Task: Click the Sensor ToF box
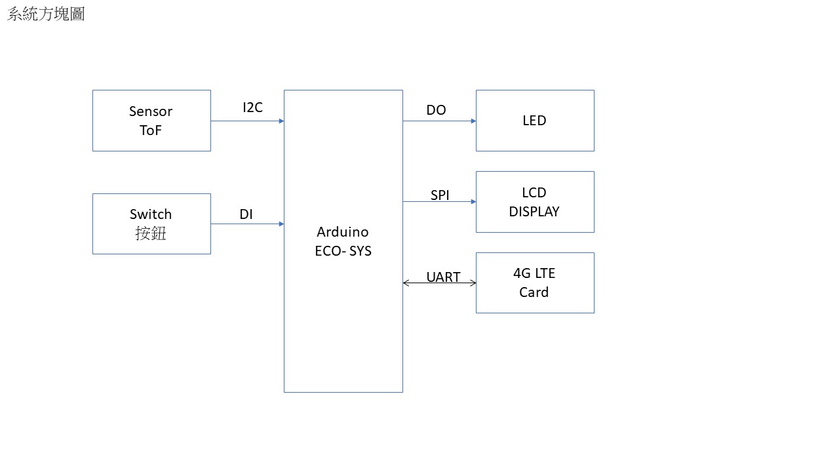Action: (x=151, y=121)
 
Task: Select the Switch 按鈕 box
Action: (x=151, y=224)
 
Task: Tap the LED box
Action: (x=535, y=121)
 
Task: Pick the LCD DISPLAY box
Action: (x=535, y=202)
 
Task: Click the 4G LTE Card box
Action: (x=535, y=283)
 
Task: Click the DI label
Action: (x=246, y=214)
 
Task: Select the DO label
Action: (x=436, y=110)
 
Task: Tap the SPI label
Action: (x=440, y=195)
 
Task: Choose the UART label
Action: (x=443, y=277)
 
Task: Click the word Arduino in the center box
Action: (x=343, y=232)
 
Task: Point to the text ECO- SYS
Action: (x=343, y=251)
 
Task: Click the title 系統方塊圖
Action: (x=46, y=14)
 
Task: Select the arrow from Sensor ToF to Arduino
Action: (x=247, y=121)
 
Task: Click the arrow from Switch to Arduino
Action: (x=247, y=224)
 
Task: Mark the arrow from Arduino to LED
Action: (x=439, y=121)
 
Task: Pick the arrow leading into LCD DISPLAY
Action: (x=439, y=202)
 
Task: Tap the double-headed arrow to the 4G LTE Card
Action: (x=439, y=283)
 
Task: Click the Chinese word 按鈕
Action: (x=151, y=233)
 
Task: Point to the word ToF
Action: (x=151, y=130)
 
